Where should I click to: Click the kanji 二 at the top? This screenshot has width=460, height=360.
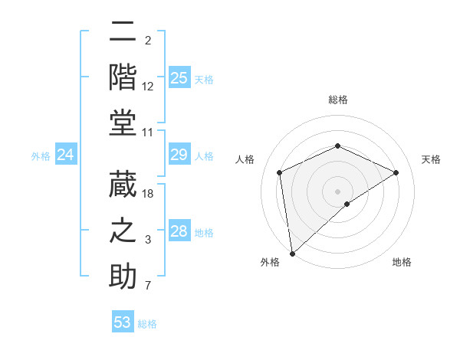(x=123, y=32)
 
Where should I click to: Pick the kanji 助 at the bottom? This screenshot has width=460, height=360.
(x=123, y=276)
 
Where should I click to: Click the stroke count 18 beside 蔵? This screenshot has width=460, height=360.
(x=149, y=194)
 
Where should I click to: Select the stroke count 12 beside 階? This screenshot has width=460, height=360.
(x=148, y=87)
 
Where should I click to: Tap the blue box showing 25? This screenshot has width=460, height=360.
(x=179, y=77)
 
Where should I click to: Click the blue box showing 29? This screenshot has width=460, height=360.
(x=179, y=155)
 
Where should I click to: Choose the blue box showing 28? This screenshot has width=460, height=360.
(x=179, y=231)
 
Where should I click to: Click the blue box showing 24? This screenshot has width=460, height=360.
(x=65, y=155)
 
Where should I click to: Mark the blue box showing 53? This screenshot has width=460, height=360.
(x=123, y=322)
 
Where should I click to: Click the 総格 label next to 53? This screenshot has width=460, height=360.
(x=147, y=324)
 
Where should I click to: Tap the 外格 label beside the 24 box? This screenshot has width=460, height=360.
(x=41, y=156)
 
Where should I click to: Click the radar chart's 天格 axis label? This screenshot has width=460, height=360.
(x=431, y=159)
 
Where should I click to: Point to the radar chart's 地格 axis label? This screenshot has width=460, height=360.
(x=402, y=262)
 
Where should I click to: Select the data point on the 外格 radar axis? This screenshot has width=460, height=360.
(x=292, y=254)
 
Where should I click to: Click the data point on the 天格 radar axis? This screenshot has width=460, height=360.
(x=396, y=172)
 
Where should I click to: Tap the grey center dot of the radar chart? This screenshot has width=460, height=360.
(x=337, y=191)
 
